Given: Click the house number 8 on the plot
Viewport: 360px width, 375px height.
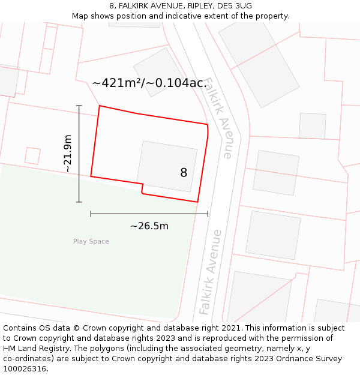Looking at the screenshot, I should pos(184,173).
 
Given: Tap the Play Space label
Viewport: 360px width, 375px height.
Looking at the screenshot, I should pos(91,242).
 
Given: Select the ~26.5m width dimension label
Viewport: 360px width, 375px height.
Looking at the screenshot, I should pos(149,226).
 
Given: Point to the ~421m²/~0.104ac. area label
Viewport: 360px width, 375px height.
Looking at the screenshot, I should pos(149,83).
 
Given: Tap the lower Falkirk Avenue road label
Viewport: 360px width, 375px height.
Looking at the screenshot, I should pos(211,272).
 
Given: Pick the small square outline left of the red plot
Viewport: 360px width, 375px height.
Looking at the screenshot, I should pos(32,156).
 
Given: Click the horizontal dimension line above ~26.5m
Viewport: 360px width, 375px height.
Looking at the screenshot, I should pos(149,214).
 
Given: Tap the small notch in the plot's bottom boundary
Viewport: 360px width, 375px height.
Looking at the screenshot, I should pos(142,188).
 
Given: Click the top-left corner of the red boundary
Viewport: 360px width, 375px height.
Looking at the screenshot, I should pos(99,106).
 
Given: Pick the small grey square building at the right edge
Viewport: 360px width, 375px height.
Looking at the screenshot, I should pos(312,125).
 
